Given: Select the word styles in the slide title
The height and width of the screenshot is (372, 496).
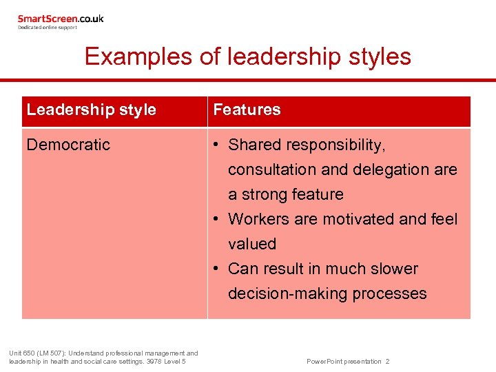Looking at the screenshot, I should click(x=377, y=56).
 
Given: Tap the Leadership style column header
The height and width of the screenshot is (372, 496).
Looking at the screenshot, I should click(x=92, y=110).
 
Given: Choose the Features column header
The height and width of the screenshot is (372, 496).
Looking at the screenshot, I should click(x=247, y=110).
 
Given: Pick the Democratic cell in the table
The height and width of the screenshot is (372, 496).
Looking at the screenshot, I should click(x=68, y=145).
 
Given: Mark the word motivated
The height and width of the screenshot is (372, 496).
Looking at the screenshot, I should click(x=356, y=219).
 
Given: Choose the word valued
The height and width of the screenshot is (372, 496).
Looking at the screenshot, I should click(x=252, y=244).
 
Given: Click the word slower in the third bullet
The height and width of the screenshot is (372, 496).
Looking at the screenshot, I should click(x=394, y=269).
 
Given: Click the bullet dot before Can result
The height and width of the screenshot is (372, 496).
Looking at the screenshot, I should click(x=216, y=269).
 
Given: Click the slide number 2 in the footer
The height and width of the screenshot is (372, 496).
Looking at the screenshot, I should click(x=388, y=362).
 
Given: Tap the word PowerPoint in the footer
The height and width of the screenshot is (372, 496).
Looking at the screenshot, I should click(x=322, y=362).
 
